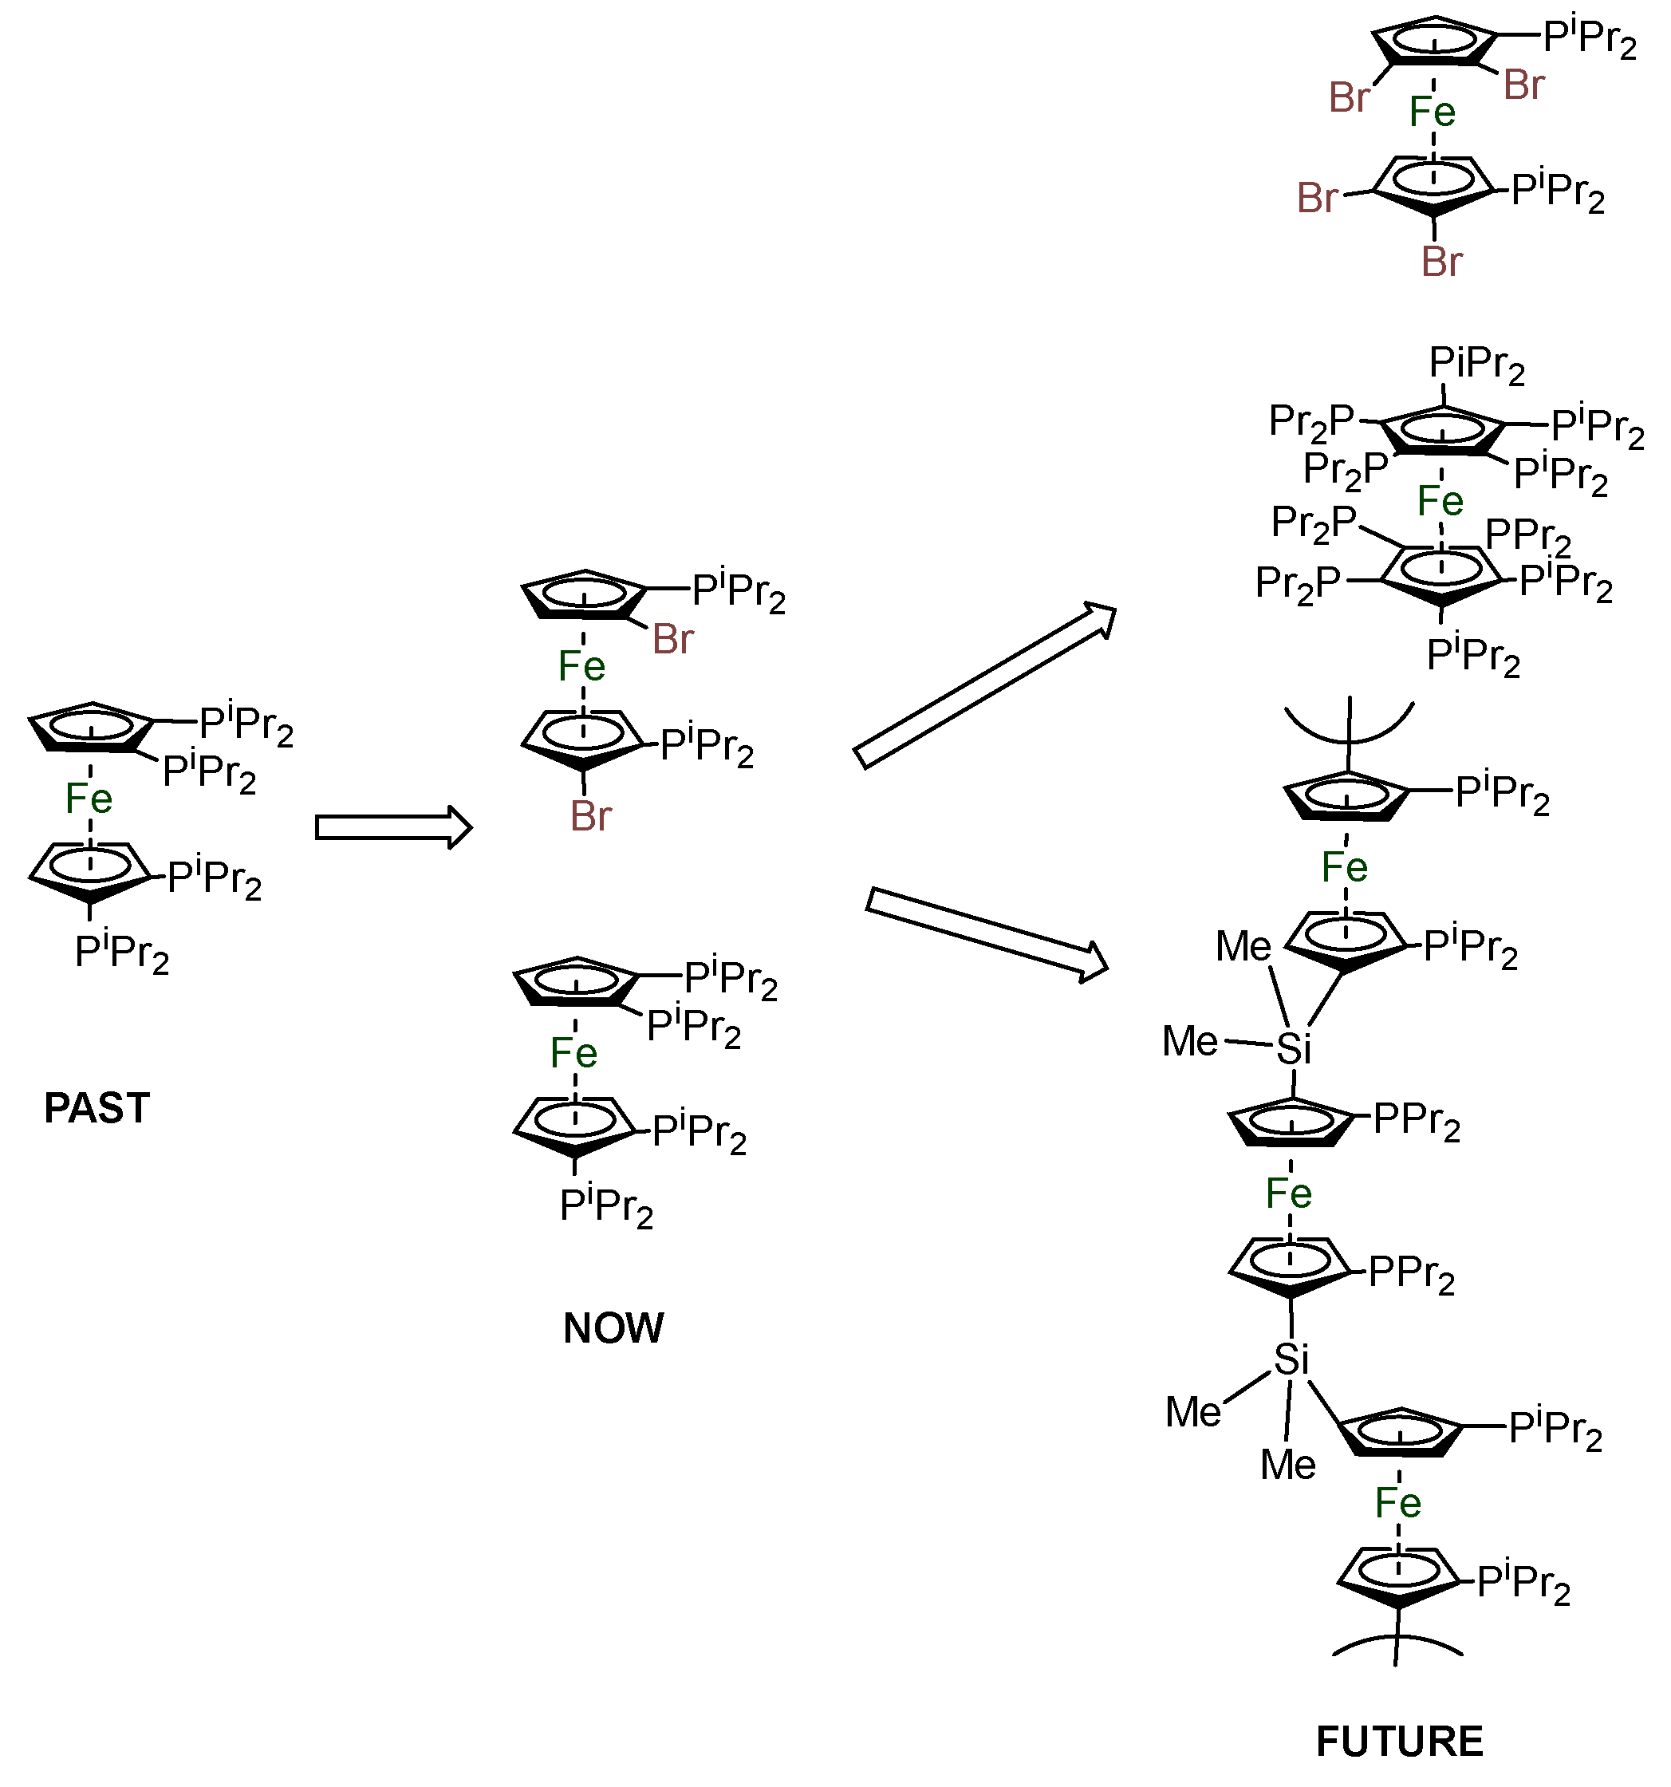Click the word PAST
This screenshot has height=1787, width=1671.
[97, 1107]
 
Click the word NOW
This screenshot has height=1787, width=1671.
[613, 1327]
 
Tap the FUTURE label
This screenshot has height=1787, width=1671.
[1399, 1742]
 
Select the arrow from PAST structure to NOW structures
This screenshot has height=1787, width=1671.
[392, 827]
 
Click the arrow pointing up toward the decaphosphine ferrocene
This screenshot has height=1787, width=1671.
[985, 685]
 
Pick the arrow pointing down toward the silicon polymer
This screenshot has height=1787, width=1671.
[987, 934]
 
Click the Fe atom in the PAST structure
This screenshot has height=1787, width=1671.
[89, 799]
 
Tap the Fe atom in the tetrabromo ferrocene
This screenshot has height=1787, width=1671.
[1432, 112]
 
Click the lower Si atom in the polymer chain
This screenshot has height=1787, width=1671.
[1291, 1361]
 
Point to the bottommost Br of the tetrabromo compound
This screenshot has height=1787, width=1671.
[1442, 262]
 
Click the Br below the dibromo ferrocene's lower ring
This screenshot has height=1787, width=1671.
[590, 816]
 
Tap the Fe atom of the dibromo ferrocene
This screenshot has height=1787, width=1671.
[581, 666]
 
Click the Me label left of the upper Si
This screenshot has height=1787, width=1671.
[1189, 1041]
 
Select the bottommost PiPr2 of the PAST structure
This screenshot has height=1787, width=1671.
[121, 952]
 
